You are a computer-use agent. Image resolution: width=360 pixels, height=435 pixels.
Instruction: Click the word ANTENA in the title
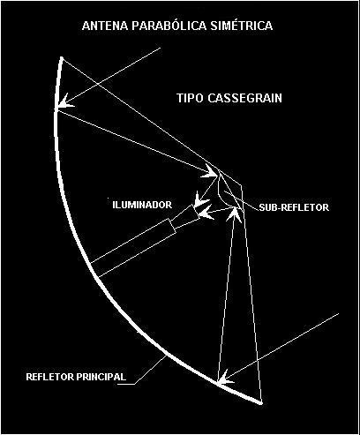(x=105, y=26)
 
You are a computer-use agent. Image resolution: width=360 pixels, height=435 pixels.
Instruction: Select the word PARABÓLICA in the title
(x=169, y=25)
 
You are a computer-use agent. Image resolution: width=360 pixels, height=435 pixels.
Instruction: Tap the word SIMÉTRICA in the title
(x=242, y=25)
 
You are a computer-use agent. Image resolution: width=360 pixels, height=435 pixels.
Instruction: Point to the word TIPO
(x=190, y=98)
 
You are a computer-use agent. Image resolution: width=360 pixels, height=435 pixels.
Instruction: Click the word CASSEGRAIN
(x=244, y=98)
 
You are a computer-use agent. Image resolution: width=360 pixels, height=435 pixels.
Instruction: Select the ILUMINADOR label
(x=142, y=205)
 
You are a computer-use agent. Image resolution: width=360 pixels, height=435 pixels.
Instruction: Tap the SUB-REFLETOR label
(x=294, y=207)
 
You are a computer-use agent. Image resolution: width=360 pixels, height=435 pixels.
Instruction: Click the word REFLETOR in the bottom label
(x=49, y=377)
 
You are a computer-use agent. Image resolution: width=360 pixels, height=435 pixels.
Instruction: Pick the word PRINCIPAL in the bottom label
(x=101, y=377)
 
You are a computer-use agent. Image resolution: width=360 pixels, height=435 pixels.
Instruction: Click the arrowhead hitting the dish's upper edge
(x=64, y=102)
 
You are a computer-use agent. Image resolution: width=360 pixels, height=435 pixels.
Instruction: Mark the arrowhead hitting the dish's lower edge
(x=225, y=377)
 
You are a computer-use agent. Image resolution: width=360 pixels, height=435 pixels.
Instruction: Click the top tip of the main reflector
(x=62, y=58)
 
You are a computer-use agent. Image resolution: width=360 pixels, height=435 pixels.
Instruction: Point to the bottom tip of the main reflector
(x=260, y=402)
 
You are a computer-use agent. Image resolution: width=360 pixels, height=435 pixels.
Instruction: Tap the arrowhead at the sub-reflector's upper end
(x=210, y=171)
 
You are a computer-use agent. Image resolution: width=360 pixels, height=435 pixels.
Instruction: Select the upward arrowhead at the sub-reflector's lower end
(x=235, y=214)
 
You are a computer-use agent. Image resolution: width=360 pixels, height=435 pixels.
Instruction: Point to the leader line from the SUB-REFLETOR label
(x=241, y=200)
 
